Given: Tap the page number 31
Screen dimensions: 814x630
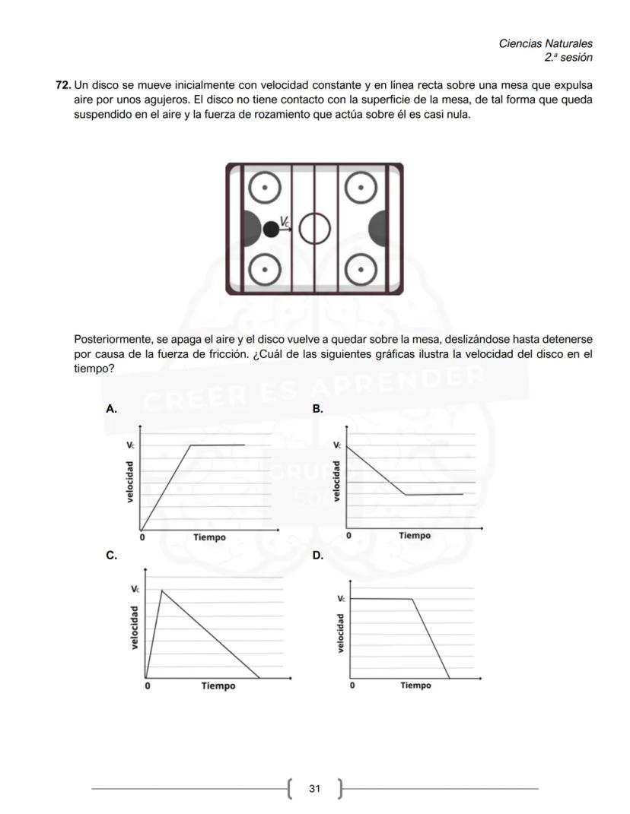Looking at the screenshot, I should (314, 789).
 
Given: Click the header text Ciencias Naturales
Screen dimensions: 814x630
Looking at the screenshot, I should (545, 44).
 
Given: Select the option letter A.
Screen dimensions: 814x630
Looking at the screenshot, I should (111, 409).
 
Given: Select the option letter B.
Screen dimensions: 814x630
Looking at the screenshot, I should (317, 409).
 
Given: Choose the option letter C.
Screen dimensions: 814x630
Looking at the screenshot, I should (111, 556).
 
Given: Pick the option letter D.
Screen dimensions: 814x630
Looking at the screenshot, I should (317, 556).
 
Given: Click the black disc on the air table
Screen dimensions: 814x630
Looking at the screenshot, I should (271, 228).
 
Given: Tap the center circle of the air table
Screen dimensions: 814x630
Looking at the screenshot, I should (314, 228).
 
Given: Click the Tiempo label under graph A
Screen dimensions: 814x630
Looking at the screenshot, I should (209, 537).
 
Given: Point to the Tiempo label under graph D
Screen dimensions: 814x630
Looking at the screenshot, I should (415, 686).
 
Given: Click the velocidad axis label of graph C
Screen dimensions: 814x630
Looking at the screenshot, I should (134, 627).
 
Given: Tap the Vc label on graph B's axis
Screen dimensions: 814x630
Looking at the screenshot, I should (337, 445).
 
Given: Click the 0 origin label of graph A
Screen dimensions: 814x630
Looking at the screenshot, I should (142, 537).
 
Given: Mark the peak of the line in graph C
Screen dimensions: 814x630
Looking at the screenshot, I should (161, 590).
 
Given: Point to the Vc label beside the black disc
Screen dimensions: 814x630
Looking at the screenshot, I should (285, 222).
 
